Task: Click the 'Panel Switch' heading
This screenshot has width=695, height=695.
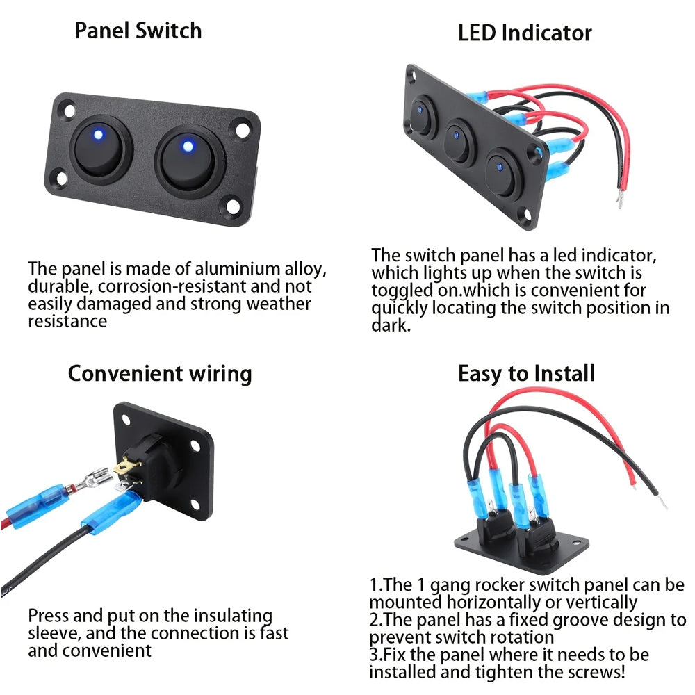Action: point(138,31)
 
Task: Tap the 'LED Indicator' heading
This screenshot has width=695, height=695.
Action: point(525,33)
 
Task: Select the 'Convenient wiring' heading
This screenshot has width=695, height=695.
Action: point(159,373)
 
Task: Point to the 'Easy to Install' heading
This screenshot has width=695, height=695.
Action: point(526,373)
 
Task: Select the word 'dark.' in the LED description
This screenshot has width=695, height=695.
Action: point(391,325)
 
